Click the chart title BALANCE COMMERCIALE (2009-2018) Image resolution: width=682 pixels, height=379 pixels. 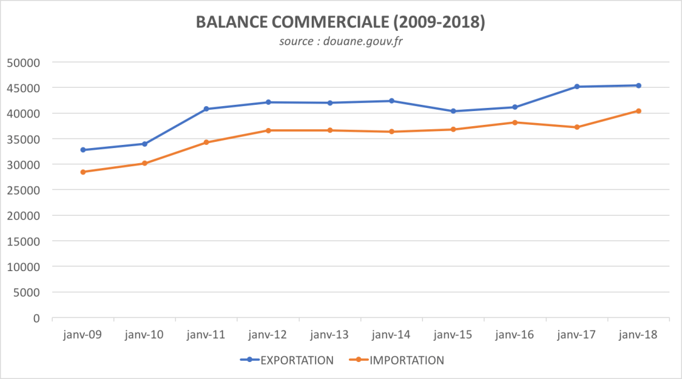340,22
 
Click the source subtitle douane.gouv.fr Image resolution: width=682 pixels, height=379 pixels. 340,42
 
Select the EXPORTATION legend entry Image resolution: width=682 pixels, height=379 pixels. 287,360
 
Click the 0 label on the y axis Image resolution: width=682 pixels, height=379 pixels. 36,318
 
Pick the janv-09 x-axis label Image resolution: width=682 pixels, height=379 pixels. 83,335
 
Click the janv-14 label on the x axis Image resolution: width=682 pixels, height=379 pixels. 392,335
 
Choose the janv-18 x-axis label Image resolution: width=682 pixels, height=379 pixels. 638,335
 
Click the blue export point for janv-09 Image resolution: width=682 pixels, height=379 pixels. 83,150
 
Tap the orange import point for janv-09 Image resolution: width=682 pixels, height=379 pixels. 83,172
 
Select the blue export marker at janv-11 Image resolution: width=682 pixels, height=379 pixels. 206,109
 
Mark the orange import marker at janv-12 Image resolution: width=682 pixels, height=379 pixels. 268,131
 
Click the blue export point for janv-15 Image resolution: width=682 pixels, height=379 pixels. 453,111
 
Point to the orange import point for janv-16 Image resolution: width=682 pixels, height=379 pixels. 515,122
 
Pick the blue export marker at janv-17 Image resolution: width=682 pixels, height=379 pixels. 576,87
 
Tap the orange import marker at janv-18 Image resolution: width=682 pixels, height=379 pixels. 638,111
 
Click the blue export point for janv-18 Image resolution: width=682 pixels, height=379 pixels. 638,85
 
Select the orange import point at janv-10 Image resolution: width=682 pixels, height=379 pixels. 145,163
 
